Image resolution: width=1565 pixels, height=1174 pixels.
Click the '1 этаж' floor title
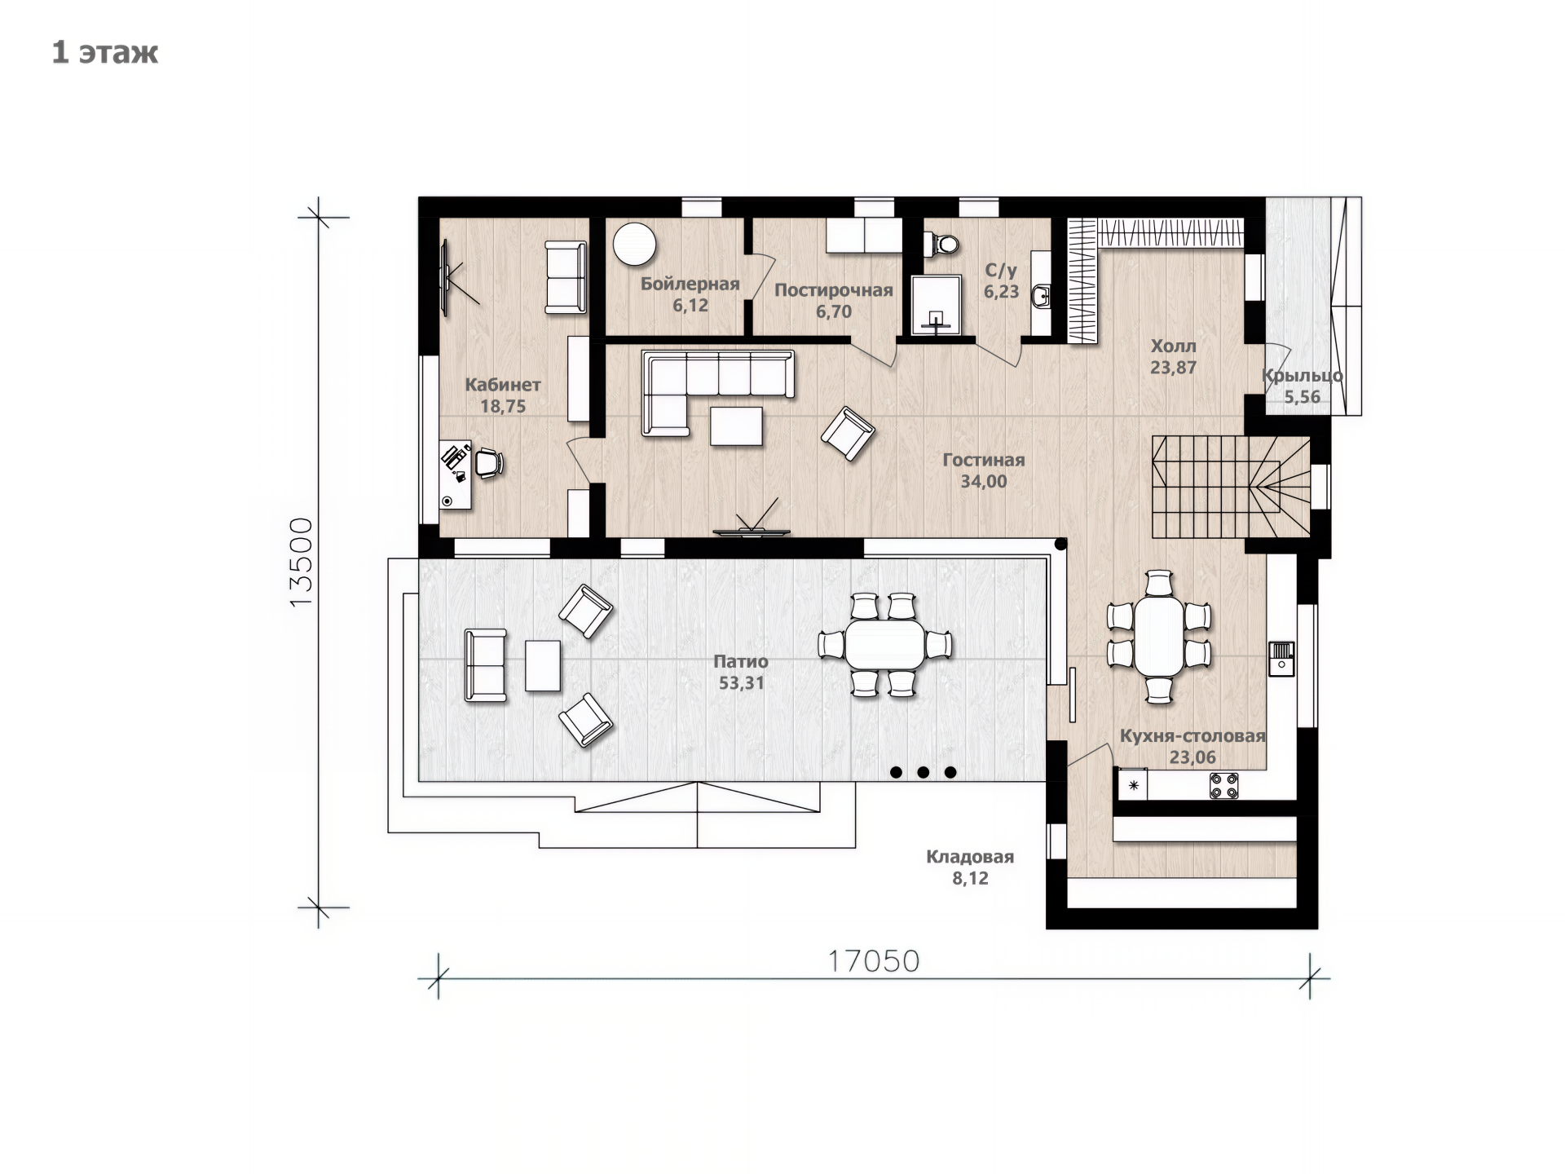[x=105, y=52]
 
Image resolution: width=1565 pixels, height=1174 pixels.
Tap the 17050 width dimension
[x=874, y=961]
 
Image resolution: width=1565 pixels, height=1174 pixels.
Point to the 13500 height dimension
[x=301, y=561]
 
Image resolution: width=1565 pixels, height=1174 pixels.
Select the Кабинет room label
[x=503, y=384]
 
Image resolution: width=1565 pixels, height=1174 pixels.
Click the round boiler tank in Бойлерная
[x=635, y=244]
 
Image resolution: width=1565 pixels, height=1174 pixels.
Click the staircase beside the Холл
[x=1231, y=487]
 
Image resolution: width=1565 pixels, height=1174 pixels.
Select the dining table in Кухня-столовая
[x=1159, y=636]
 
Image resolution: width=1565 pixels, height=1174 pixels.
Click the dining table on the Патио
[x=884, y=644]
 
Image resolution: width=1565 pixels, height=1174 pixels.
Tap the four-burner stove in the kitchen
[x=1223, y=786]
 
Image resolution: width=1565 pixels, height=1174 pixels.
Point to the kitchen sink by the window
[x=1281, y=659]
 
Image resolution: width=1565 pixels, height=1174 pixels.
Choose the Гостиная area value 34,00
[x=984, y=482]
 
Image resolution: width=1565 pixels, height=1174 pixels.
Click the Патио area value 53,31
[x=741, y=683]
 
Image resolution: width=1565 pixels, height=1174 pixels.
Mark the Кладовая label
[x=970, y=857]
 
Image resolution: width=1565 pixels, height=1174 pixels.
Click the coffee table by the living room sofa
[x=737, y=426]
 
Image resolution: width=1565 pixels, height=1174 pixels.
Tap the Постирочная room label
[x=834, y=290]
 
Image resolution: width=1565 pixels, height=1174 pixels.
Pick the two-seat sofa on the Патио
[x=485, y=665]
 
